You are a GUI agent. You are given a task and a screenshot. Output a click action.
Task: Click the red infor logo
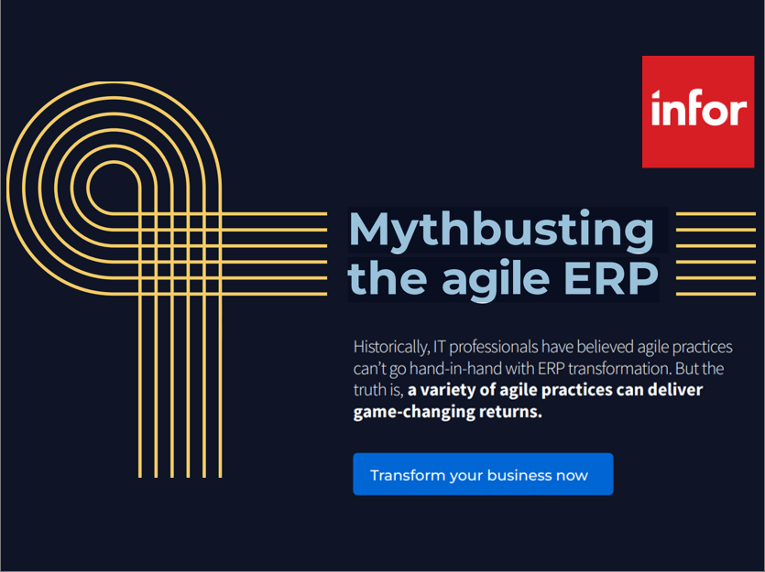698,112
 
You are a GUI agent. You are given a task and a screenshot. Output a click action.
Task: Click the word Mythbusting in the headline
501,231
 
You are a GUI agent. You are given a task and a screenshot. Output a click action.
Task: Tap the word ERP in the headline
611,277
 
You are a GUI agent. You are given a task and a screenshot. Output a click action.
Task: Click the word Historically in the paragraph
391,348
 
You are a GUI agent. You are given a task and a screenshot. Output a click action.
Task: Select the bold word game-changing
414,412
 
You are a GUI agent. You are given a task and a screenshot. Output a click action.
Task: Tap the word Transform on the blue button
408,475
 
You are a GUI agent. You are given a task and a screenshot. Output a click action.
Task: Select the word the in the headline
388,277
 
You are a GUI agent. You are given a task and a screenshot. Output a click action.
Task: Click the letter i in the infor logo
657,107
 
